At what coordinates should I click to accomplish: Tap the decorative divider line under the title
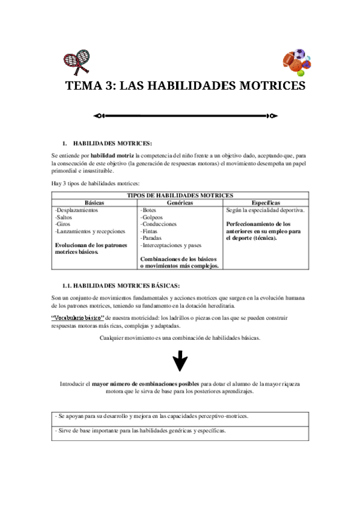185,115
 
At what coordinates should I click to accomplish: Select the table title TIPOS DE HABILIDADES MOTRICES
180,195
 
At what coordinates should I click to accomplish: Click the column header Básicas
94,203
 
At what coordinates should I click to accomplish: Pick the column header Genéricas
180,203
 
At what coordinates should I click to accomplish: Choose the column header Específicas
266,203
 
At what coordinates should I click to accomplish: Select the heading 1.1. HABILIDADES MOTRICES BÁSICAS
121,285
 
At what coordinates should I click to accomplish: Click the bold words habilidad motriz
112,155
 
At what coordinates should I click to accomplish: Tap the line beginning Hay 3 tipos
96,183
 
